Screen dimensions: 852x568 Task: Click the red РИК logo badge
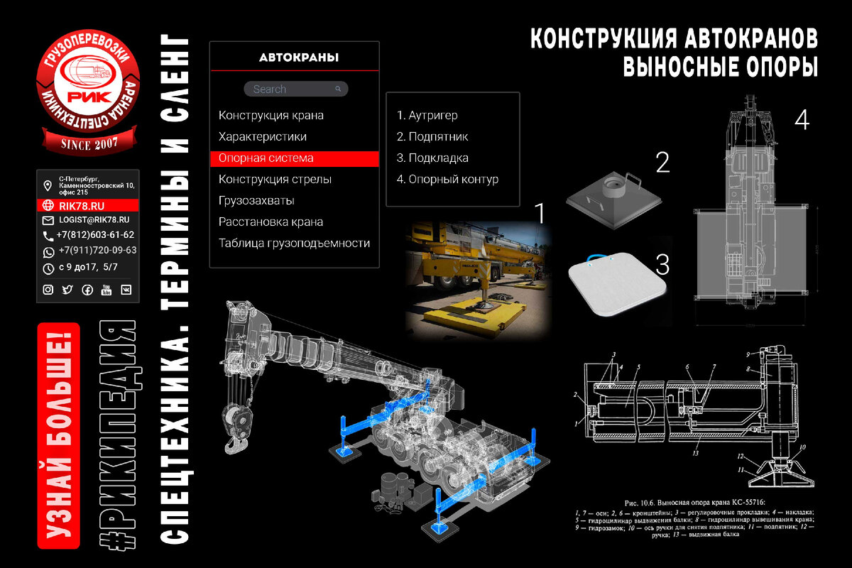pos(87,97)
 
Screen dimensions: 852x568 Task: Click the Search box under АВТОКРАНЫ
pos(295,89)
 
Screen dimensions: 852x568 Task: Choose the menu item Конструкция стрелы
pos(275,179)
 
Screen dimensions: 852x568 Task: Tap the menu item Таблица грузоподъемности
pos(294,243)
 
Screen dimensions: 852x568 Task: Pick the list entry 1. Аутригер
pos(427,115)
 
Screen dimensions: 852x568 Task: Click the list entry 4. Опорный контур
pos(447,179)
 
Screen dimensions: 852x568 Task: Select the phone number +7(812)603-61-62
pos(96,235)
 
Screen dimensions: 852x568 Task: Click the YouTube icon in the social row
pos(106,290)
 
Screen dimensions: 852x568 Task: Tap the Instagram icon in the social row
pos(48,290)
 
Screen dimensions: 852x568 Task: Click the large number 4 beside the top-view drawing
pos(802,121)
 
